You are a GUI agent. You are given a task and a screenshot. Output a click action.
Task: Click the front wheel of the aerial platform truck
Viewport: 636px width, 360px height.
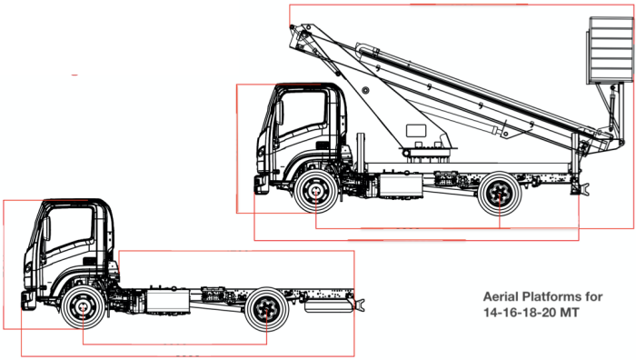coord(315,191)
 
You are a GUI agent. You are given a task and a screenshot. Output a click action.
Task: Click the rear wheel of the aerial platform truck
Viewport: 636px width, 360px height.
coord(499,194)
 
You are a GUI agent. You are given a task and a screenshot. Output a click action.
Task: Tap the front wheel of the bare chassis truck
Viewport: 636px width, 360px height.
coord(83,307)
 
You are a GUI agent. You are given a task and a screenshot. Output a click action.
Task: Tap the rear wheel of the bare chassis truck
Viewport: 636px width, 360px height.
coord(266,309)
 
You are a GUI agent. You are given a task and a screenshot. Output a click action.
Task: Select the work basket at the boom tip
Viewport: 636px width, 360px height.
coord(610,50)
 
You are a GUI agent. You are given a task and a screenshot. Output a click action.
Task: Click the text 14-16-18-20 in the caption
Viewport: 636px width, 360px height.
coord(520,313)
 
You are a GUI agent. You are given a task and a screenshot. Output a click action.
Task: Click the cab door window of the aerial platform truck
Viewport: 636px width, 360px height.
coord(303,113)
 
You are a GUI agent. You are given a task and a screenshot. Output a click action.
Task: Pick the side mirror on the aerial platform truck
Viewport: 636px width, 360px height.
coord(279,113)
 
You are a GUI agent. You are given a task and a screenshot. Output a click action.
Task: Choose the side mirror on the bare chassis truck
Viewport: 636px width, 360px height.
coord(46,228)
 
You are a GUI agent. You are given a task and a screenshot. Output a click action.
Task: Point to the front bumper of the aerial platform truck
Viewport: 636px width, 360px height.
coord(261,185)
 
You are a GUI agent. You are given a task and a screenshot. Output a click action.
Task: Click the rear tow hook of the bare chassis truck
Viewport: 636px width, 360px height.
coord(360,304)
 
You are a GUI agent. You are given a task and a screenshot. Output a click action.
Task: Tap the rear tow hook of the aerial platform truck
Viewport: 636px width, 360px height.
coord(584,189)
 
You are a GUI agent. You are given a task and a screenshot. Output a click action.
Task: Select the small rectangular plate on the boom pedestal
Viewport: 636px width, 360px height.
coord(416,131)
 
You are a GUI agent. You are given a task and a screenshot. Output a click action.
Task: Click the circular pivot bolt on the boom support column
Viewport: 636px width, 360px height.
coord(365,90)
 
